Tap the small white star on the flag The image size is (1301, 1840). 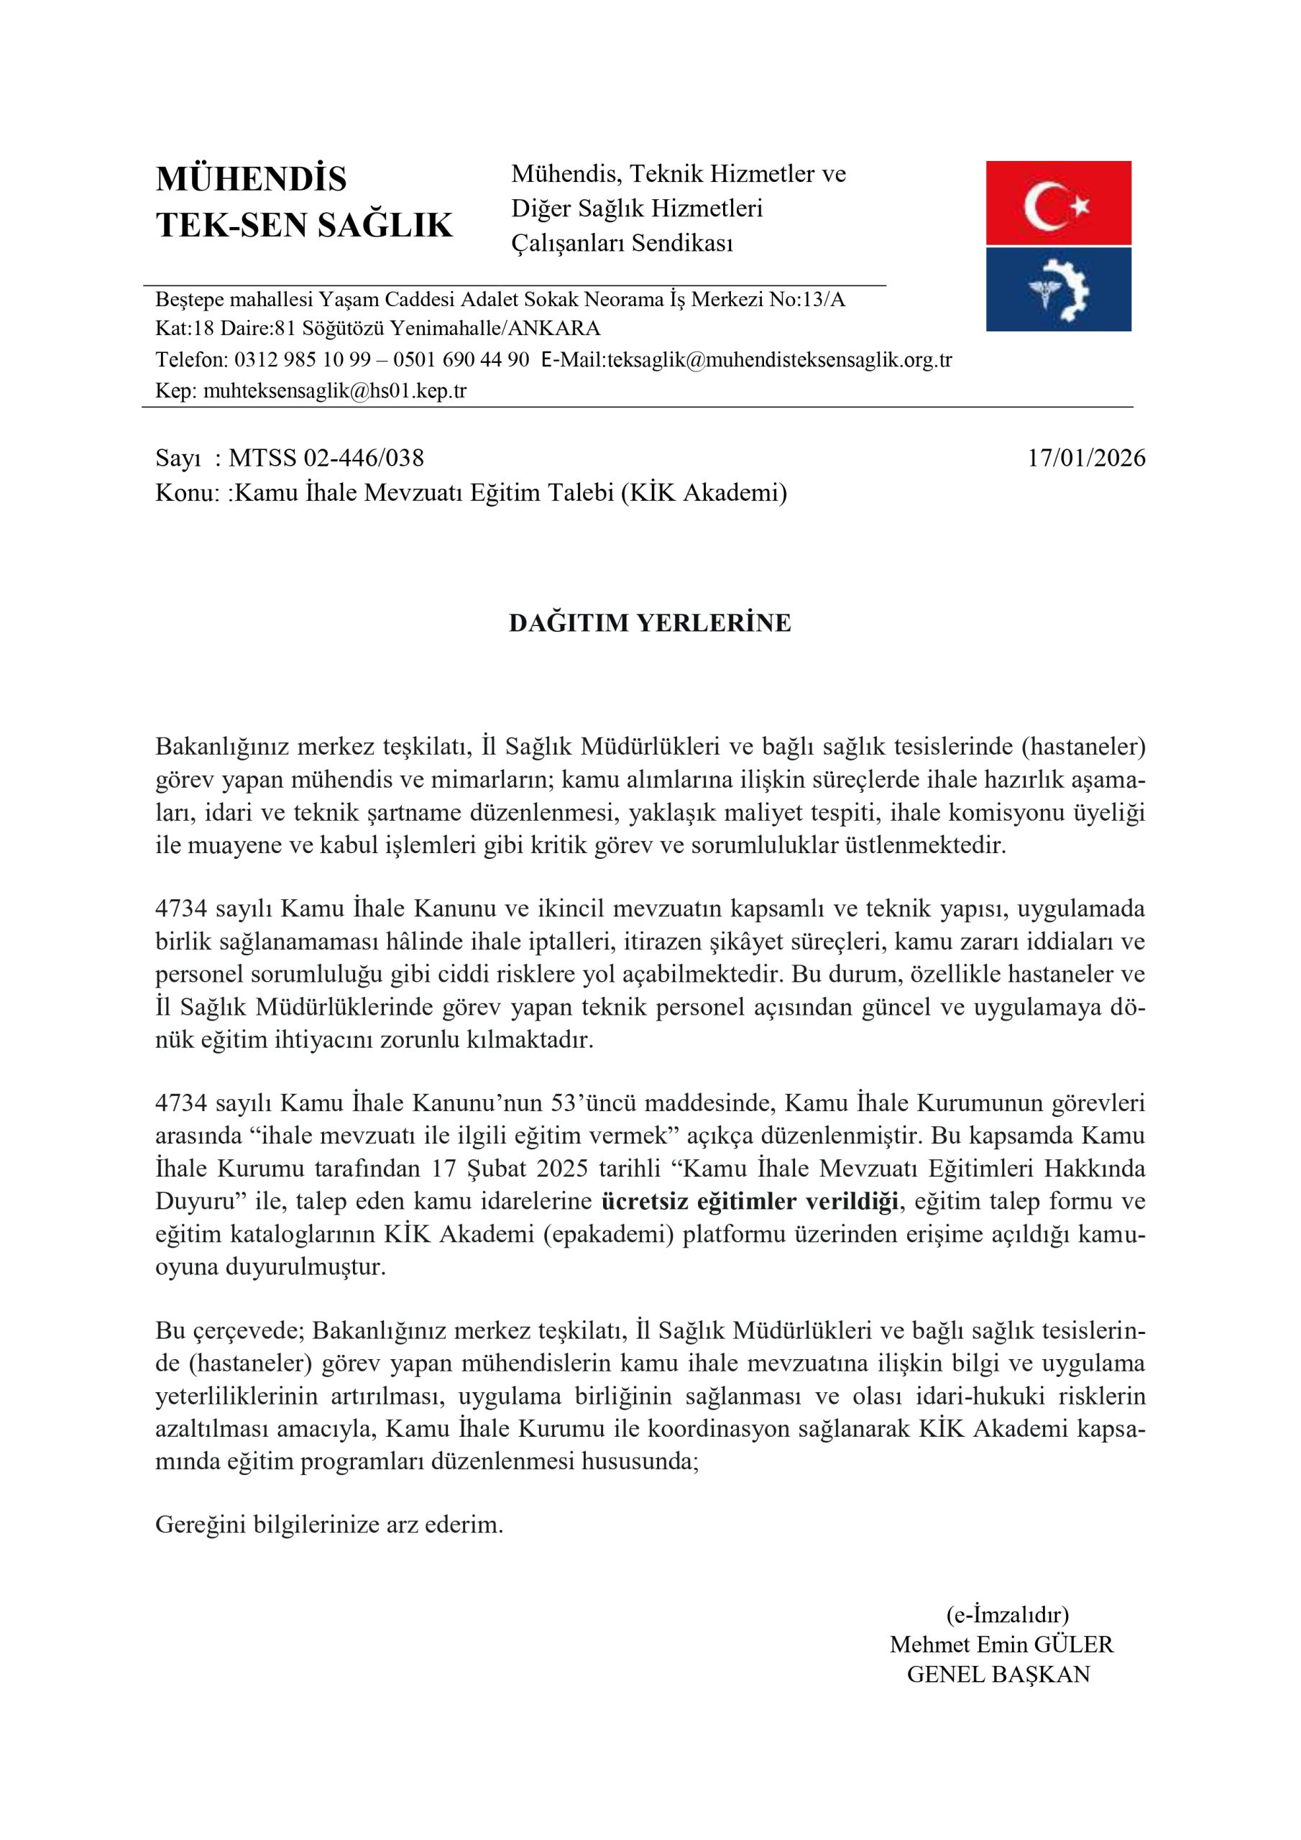click(1080, 206)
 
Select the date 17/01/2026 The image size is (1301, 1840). click(1086, 459)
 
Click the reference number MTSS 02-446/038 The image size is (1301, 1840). click(326, 459)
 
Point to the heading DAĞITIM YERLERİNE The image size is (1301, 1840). click(649, 622)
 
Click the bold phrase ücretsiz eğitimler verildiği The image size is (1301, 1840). click(749, 1200)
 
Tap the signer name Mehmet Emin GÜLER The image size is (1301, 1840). click(1001, 1644)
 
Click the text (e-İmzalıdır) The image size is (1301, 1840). click(1007, 1614)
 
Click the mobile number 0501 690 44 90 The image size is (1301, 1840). click(461, 360)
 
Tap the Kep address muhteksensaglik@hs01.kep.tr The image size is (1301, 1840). click(335, 391)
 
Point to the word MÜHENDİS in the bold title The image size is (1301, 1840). click(251, 179)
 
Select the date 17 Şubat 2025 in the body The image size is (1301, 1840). click(510, 1168)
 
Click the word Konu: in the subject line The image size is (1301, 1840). click(188, 492)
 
